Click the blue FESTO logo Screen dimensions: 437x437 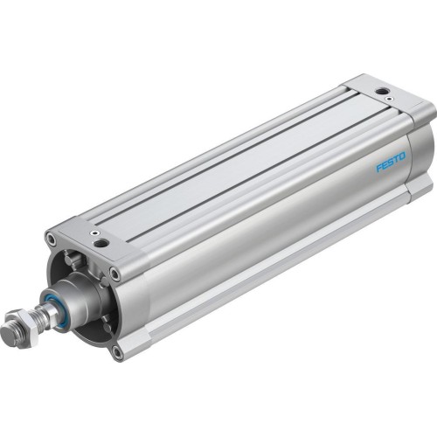[390, 163]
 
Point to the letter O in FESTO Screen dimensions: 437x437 [402, 157]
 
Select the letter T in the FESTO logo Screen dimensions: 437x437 [396, 160]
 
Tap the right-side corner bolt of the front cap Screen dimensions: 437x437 [114, 274]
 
